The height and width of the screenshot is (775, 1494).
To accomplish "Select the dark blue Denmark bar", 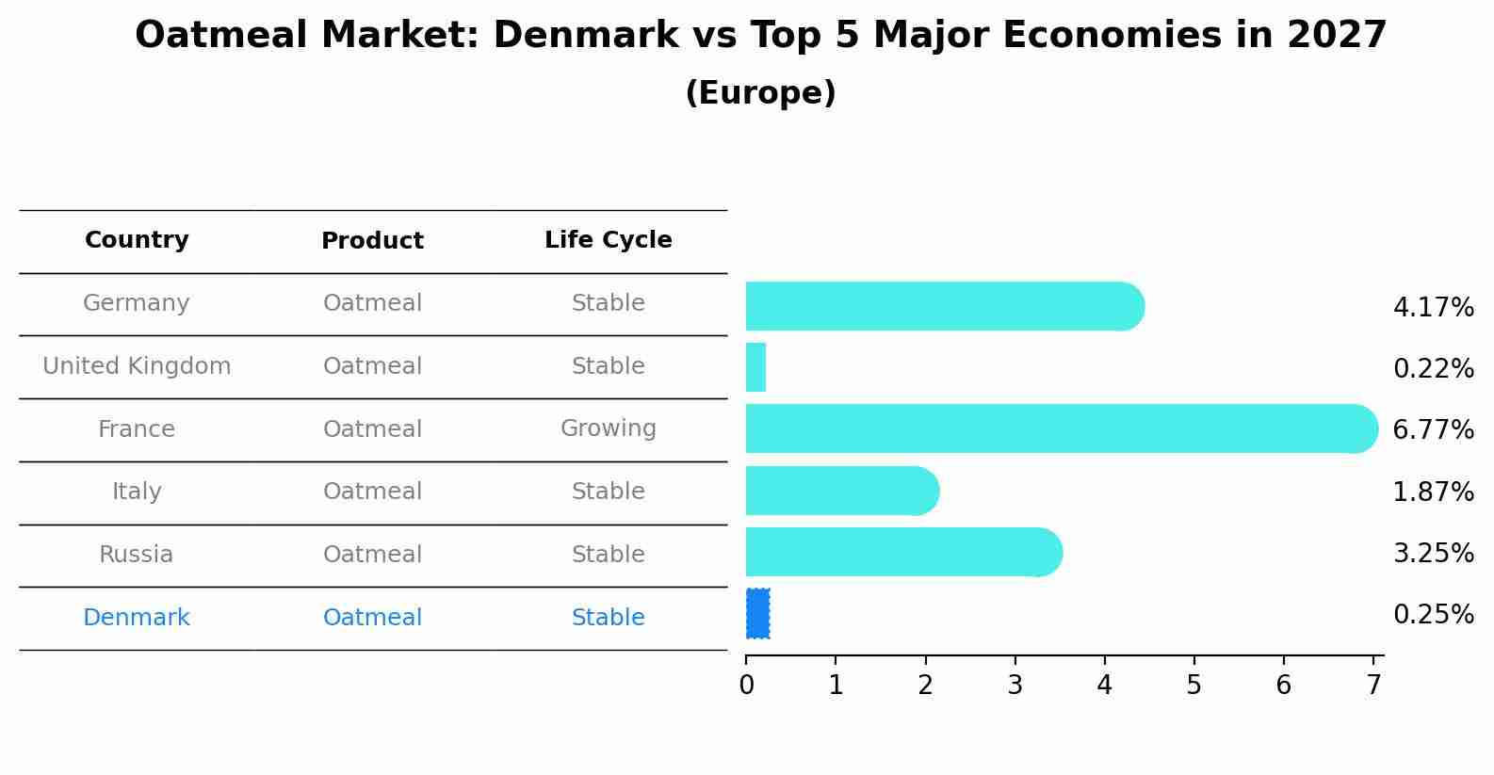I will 757,614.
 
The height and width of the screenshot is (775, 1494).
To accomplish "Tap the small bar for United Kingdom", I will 755,367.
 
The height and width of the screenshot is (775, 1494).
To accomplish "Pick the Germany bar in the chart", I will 942,306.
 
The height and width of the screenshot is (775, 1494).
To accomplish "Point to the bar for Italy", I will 840,491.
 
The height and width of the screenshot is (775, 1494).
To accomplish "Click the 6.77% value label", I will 1433,430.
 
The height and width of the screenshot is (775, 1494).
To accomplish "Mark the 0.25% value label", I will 1433,615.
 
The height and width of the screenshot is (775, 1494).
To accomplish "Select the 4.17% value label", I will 1433,308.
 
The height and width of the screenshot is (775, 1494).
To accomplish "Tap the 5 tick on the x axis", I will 1194,686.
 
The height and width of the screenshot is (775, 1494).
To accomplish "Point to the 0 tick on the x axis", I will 746,686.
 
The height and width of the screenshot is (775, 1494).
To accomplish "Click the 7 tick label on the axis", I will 1373,686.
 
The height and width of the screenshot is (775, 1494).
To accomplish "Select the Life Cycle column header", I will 608,240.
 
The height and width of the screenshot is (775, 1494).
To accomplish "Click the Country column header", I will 137,240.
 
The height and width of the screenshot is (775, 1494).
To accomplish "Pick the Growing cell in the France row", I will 608,428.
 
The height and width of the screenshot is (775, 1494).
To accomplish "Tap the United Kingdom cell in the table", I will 137,366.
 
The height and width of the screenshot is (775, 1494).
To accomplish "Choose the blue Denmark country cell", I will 137,618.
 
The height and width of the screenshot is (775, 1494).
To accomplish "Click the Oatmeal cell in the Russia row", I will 372,555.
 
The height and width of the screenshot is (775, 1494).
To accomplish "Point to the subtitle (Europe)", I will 760,93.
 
